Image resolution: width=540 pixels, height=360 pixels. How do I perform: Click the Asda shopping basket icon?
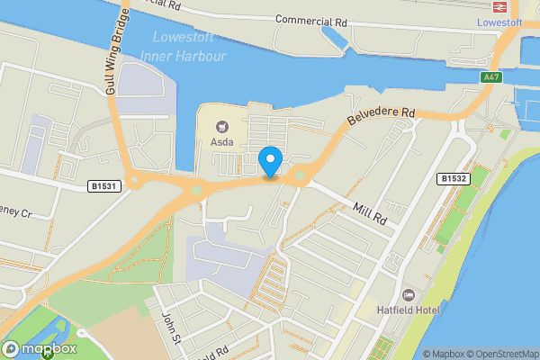(x=221, y=127)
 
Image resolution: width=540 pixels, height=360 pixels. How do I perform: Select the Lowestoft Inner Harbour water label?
(x=184, y=46)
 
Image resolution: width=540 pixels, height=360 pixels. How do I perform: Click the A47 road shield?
(x=490, y=78)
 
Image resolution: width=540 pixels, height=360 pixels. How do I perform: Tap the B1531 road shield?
(x=103, y=185)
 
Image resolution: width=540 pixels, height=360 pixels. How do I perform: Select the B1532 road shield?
(x=453, y=179)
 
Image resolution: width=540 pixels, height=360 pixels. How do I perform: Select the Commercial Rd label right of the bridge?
(x=311, y=19)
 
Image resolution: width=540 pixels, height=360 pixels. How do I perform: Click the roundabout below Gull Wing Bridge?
(x=134, y=179)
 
